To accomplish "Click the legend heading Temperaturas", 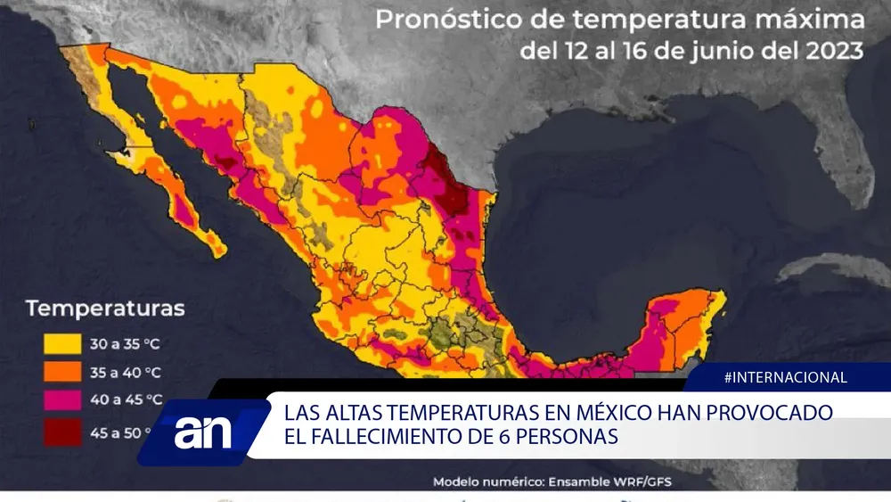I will pos(105,309).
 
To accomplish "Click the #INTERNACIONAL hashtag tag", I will pos(785,377).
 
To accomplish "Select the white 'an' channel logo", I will pos(203,432).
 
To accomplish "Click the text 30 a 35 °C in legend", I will pos(124,342).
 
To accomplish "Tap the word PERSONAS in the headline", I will pos(568,438).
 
